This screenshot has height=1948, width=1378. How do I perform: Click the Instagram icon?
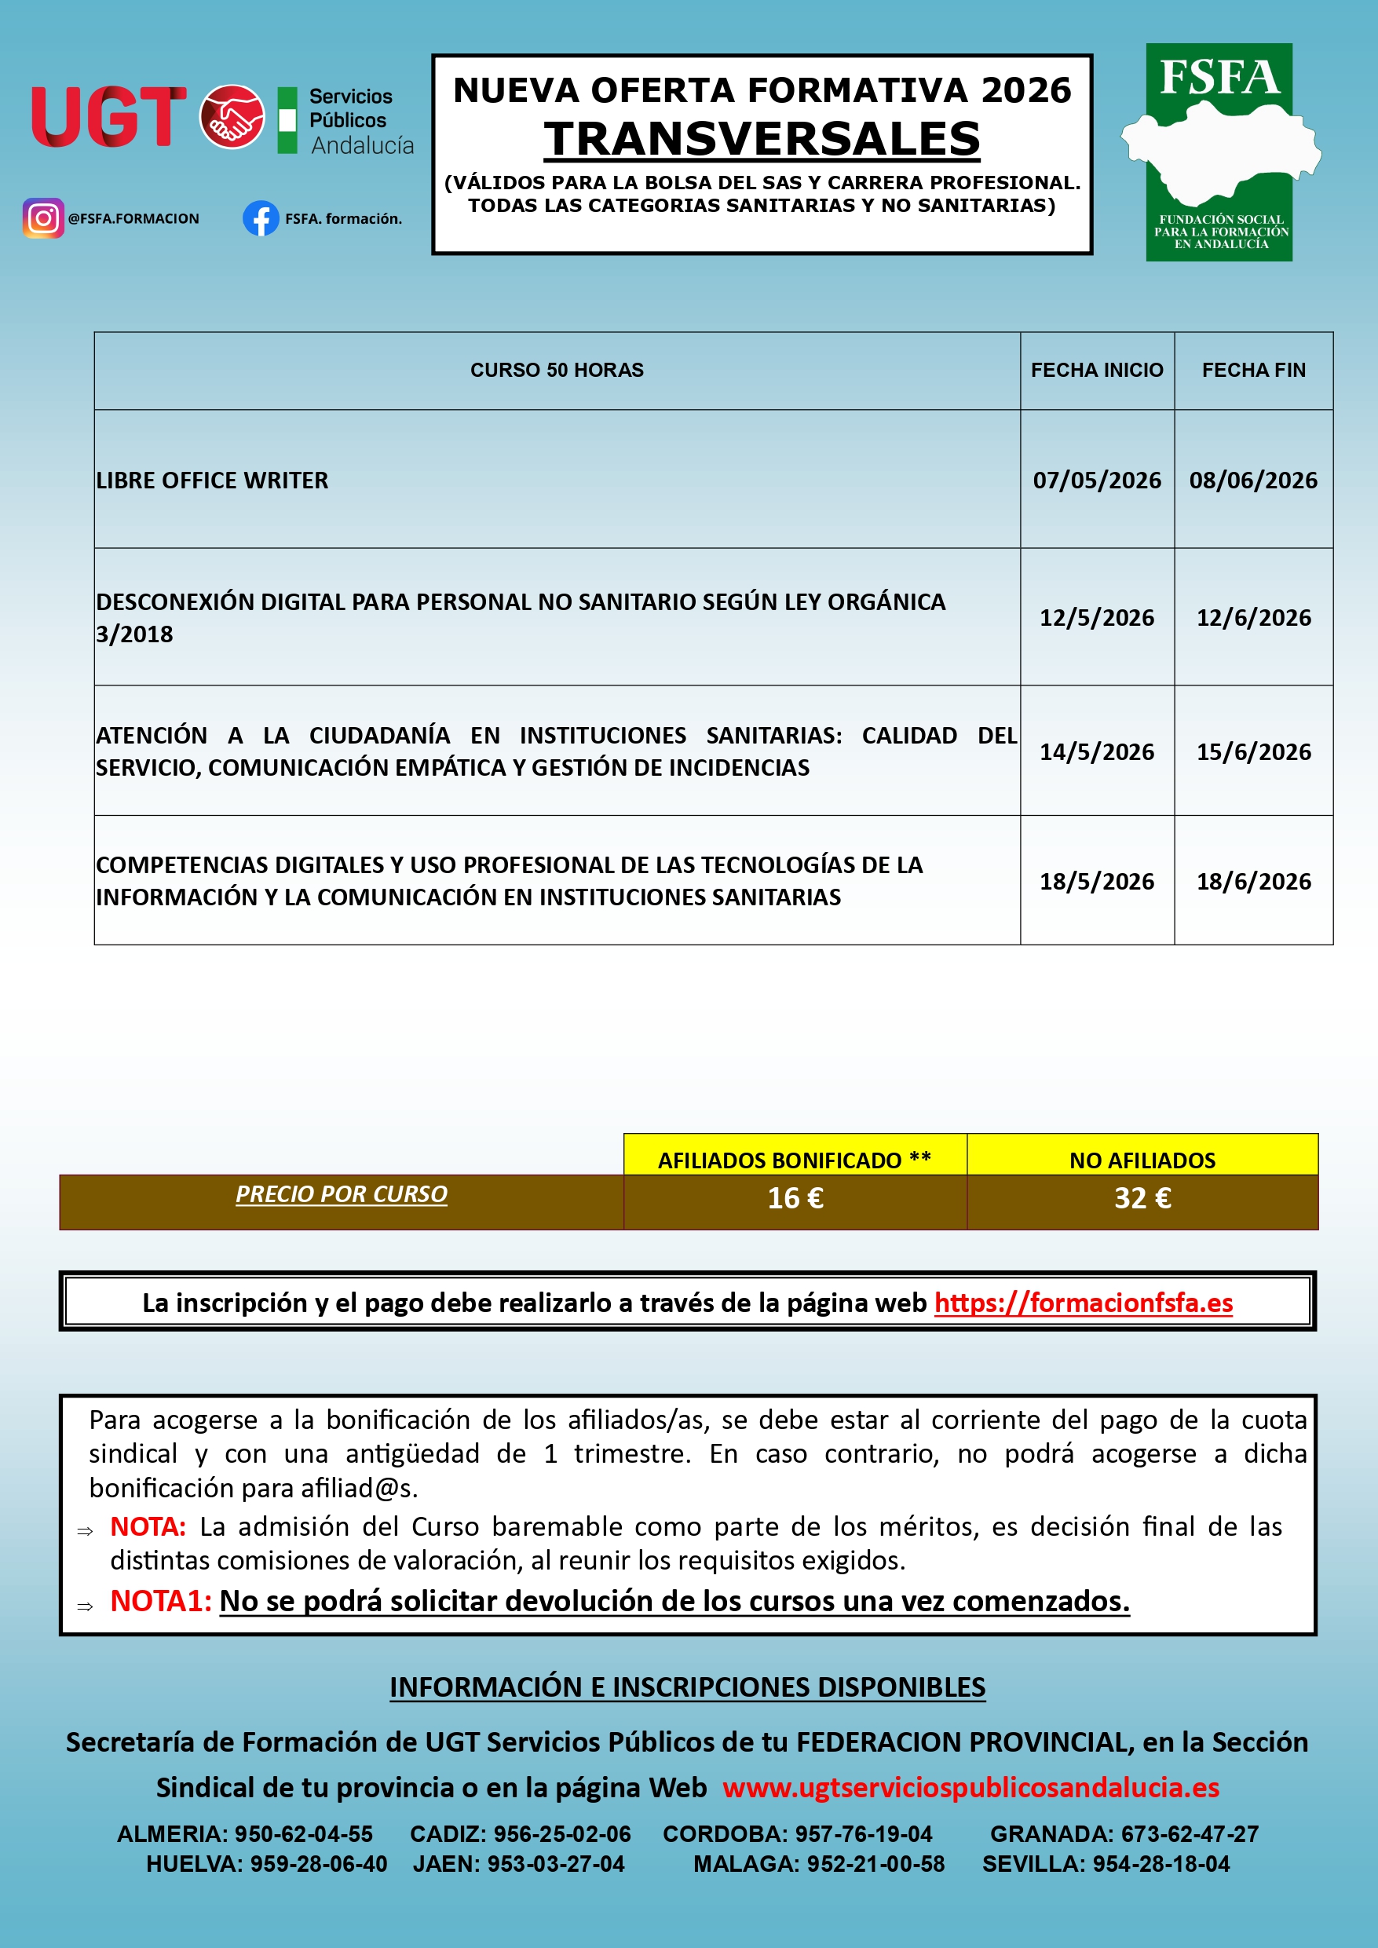(43, 218)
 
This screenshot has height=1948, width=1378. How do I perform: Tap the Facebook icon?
(261, 218)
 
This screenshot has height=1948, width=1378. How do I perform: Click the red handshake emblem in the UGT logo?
(232, 117)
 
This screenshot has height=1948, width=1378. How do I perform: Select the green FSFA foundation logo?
(1219, 153)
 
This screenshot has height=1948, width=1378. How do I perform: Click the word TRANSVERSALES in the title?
(762, 139)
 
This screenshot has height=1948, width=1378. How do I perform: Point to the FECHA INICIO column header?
(1096, 370)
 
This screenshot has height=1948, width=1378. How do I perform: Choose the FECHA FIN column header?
(1253, 370)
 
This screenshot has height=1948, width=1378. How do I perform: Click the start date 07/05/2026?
(1096, 481)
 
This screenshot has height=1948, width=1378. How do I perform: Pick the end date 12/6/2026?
(1253, 618)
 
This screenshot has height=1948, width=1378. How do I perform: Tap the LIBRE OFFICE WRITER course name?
(212, 481)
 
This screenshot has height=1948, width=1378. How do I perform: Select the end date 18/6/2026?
(1253, 882)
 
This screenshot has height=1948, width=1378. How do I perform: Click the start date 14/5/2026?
(1096, 751)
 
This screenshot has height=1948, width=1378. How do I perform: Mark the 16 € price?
(795, 1198)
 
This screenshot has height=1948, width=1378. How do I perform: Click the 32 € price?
(1142, 1198)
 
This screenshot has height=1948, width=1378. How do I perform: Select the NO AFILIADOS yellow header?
(1142, 1160)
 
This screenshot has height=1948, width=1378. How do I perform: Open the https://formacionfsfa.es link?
(1083, 1303)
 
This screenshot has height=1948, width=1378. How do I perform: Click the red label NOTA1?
(160, 1601)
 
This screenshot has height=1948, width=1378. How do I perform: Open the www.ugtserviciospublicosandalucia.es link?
(970, 1788)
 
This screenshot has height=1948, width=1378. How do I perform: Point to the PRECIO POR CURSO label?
(341, 1193)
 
